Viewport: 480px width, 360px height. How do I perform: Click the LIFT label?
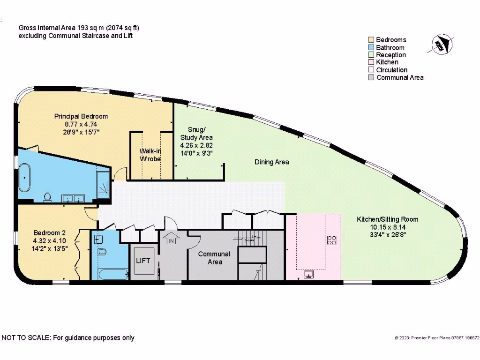pyautogui.click(x=143, y=260)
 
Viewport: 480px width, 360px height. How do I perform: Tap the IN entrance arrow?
pyautogui.click(x=171, y=238)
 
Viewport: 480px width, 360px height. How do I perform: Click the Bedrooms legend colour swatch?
pyautogui.click(x=371, y=40)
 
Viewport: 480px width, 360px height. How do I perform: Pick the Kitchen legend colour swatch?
pyautogui.click(x=371, y=62)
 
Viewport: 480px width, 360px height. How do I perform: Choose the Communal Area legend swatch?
pyautogui.click(x=371, y=77)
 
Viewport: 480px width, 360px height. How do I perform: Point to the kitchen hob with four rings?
pyautogui.click(x=332, y=240)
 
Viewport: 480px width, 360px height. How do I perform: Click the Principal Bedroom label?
pyautogui.click(x=81, y=116)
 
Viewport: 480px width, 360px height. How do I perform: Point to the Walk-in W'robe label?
pyautogui.click(x=150, y=155)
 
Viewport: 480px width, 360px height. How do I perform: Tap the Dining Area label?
pyautogui.click(x=271, y=162)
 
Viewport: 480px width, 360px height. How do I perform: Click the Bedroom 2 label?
pyautogui.click(x=50, y=233)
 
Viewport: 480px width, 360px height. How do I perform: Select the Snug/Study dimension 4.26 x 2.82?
pyautogui.click(x=196, y=145)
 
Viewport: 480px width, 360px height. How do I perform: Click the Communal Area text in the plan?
pyautogui.click(x=214, y=258)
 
